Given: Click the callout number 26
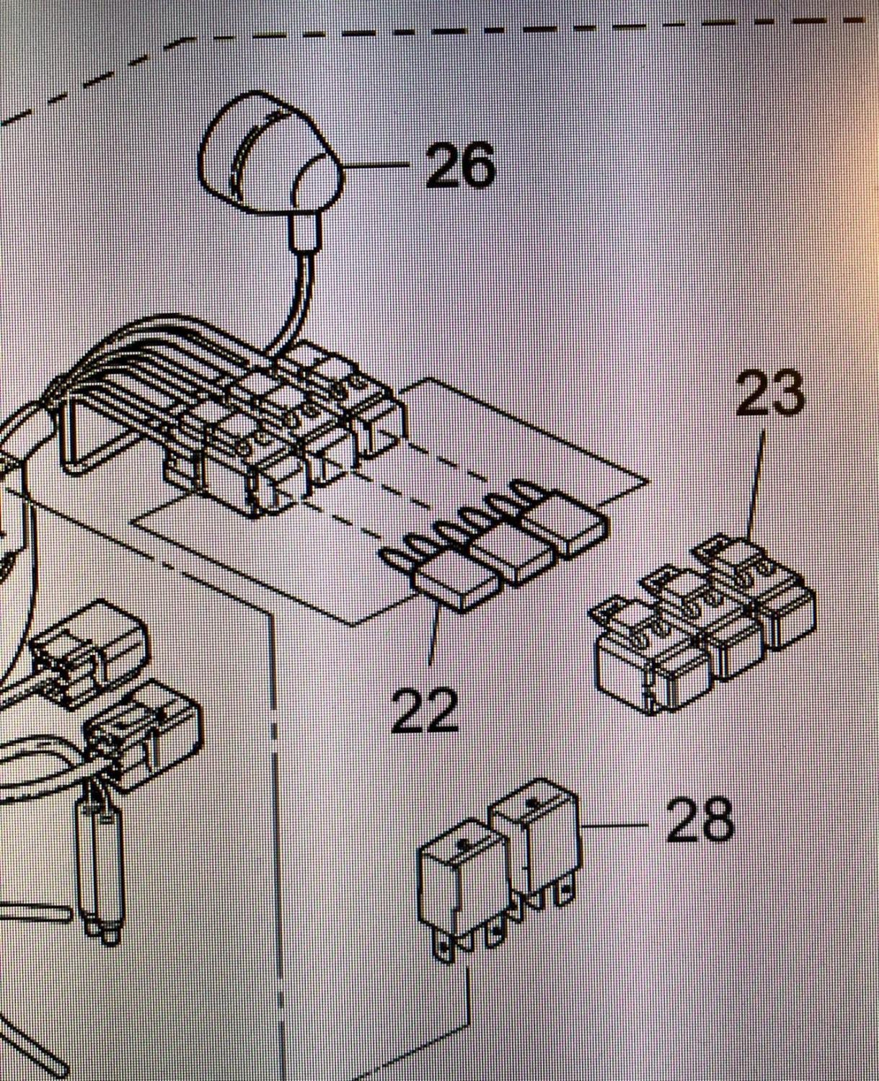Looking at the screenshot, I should (x=460, y=165).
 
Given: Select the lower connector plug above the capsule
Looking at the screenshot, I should (x=144, y=728).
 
